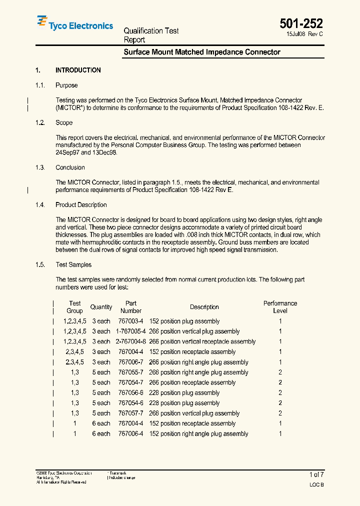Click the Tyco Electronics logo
[x=74, y=23]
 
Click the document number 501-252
[x=301, y=23]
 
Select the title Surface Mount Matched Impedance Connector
[x=201, y=52]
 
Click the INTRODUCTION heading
[x=78, y=70]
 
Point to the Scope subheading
[x=64, y=122]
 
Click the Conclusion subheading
[x=70, y=167]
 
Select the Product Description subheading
[x=81, y=204]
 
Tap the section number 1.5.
[x=40, y=264]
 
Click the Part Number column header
[x=131, y=307]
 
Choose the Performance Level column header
[x=280, y=307]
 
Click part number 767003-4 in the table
[x=131, y=321]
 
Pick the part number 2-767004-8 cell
[x=131, y=342]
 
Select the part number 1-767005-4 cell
[x=131, y=331]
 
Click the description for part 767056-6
[x=184, y=393]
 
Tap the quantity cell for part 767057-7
[x=101, y=413]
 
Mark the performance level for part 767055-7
[x=280, y=372]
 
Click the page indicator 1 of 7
[x=316, y=474]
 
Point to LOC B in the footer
[x=316, y=485]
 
